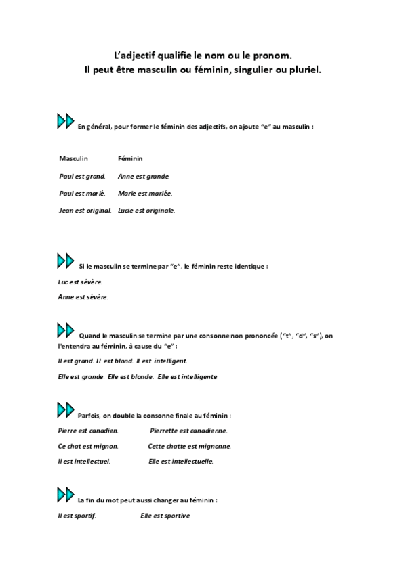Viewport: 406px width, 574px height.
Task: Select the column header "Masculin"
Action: (74, 158)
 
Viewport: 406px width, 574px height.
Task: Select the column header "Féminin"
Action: (130, 158)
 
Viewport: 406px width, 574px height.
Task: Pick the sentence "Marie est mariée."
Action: (145, 193)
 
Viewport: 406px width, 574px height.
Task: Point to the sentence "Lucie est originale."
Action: (146, 210)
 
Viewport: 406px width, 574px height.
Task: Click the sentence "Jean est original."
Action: (85, 210)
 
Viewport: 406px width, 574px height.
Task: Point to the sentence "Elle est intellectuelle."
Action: (181, 462)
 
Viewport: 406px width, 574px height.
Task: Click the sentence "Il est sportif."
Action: (77, 516)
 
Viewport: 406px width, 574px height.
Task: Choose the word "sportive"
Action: (176, 516)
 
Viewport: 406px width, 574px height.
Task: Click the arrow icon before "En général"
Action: (65, 122)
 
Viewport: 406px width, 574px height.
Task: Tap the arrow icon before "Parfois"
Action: (65, 411)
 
